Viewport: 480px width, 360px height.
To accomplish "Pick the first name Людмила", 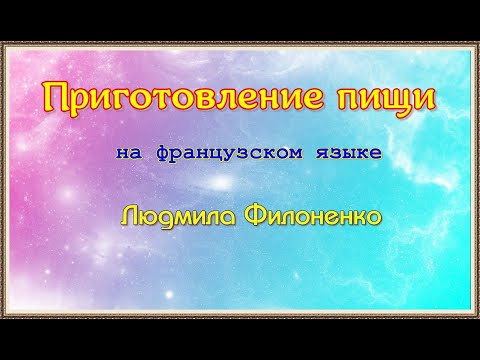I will [x=168, y=215].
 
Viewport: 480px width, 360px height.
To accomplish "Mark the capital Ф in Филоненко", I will [x=240, y=215].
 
